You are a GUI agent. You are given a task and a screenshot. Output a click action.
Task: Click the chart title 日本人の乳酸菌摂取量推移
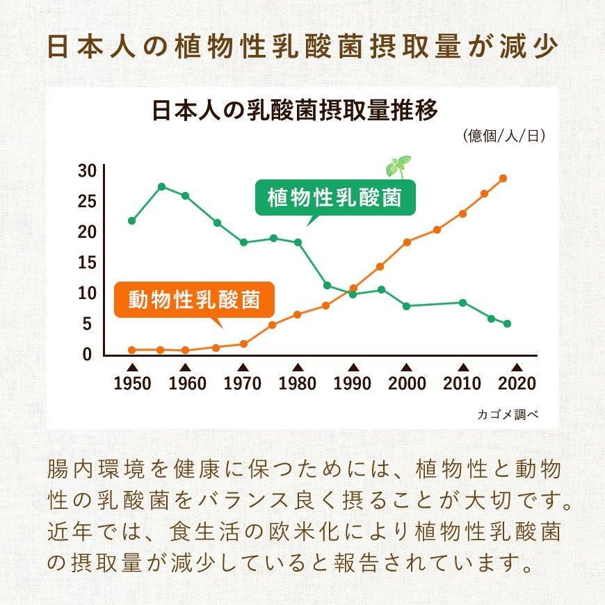point(295,111)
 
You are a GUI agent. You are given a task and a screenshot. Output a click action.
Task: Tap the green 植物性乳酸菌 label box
point(334,197)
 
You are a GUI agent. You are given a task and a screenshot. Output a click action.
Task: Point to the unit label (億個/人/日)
point(503,136)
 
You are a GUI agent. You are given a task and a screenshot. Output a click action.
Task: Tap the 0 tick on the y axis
point(88,354)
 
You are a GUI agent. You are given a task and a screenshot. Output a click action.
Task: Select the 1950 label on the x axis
point(131,383)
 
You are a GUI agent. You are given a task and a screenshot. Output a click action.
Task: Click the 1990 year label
point(353,383)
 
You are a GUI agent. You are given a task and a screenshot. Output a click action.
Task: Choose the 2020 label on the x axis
point(517,383)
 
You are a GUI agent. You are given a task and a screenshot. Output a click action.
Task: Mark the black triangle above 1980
point(298,367)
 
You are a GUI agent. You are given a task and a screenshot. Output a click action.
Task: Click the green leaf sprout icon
point(398,166)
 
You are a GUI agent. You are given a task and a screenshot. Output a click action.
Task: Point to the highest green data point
point(161,186)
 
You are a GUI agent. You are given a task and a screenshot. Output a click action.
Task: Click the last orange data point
point(503,178)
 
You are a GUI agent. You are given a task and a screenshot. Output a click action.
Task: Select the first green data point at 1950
point(132,221)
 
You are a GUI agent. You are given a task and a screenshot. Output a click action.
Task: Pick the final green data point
point(508,324)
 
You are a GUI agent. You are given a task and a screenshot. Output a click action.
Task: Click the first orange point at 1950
point(132,350)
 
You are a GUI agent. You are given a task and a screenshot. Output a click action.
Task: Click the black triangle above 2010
point(462,367)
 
